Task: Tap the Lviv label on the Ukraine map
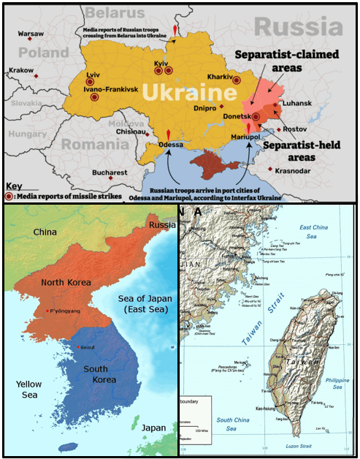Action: pyautogui.click(x=93, y=75)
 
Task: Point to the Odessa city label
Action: pyautogui.click(x=170, y=144)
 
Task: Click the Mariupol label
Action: pyautogui.click(x=246, y=137)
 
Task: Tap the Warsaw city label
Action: pyautogui.click(x=30, y=34)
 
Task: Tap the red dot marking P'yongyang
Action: pyautogui.click(x=47, y=311)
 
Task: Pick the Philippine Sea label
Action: pyautogui.click(x=338, y=383)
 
